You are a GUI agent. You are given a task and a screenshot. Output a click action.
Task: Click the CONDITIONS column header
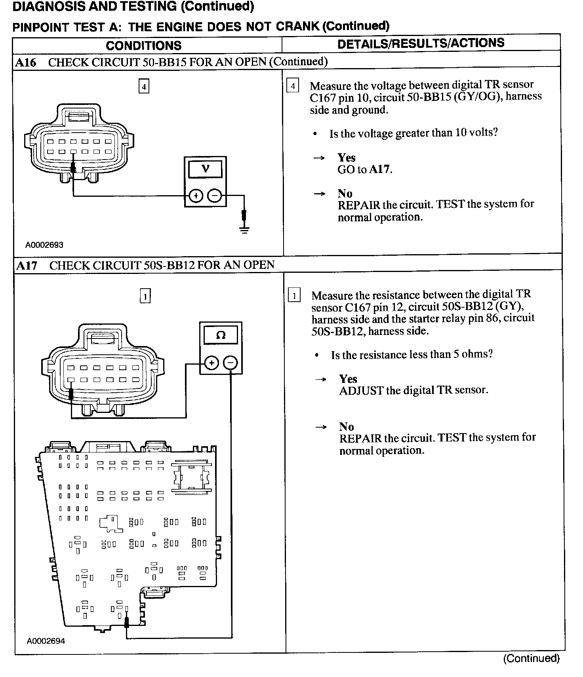point(143,46)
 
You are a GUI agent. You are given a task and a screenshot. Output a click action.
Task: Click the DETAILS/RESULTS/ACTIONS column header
point(421,43)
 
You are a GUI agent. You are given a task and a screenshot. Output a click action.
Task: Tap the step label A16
point(26,62)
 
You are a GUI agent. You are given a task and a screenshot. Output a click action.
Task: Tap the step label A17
point(27,265)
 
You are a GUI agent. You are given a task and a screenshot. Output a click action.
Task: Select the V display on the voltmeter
point(205,169)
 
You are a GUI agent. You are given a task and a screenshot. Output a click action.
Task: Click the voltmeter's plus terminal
point(195,196)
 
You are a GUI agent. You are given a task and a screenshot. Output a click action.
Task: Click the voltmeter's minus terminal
point(215,196)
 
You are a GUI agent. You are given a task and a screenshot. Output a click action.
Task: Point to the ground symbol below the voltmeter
point(245,230)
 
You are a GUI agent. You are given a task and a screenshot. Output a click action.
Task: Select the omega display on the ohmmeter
point(221,336)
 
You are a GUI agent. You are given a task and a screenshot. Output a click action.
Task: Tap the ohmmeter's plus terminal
point(211,363)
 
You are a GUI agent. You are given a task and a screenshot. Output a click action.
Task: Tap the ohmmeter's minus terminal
point(231,363)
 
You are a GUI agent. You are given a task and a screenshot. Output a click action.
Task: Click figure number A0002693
point(44,245)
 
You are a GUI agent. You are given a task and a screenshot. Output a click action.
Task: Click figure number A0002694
point(46,641)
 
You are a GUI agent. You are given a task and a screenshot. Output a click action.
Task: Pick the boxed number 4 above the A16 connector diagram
point(144,86)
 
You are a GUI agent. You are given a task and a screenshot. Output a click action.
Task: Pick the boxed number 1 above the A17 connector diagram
point(145,296)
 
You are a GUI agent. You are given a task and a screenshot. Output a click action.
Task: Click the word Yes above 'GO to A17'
point(347,158)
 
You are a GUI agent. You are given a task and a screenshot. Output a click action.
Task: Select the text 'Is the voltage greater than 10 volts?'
point(413,133)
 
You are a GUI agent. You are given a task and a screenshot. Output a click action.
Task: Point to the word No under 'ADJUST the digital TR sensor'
point(346,426)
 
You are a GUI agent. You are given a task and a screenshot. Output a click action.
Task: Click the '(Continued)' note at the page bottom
point(531,658)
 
